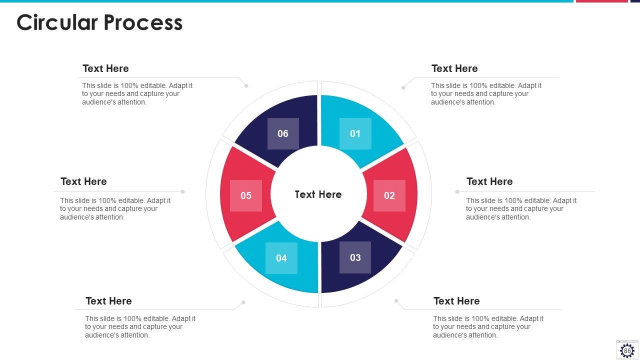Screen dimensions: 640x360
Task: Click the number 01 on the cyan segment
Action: [x=355, y=133]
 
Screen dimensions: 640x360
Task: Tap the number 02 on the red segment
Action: [x=389, y=195]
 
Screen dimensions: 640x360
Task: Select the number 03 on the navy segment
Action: [x=355, y=257]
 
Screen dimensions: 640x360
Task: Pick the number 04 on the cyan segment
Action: [x=281, y=258]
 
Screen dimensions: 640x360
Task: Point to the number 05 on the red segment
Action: [x=246, y=195]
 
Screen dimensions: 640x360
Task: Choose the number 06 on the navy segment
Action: [x=283, y=133]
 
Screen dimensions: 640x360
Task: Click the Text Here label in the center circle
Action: [x=318, y=194]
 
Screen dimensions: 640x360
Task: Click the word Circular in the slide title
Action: [x=56, y=22]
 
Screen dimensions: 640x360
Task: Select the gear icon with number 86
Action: [x=627, y=350]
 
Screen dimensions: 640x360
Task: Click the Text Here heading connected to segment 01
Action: [x=454, y=68]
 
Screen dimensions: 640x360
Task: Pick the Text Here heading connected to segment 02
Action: [x=489, y=181]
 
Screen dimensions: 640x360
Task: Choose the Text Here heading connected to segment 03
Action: [x=456, y=301]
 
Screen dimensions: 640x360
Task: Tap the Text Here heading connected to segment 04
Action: [x=108, y=301]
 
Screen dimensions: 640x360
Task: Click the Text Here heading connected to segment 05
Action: [x=83, y=181]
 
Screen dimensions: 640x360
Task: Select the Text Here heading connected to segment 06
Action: [x=105, y=68]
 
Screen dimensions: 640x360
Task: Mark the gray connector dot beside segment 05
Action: [x=183, y=191]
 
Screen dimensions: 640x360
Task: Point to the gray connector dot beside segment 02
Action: [x=457, y=191]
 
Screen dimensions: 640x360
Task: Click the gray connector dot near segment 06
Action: [x=246, y=86]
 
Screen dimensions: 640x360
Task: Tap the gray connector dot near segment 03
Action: [x=396, y=301]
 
